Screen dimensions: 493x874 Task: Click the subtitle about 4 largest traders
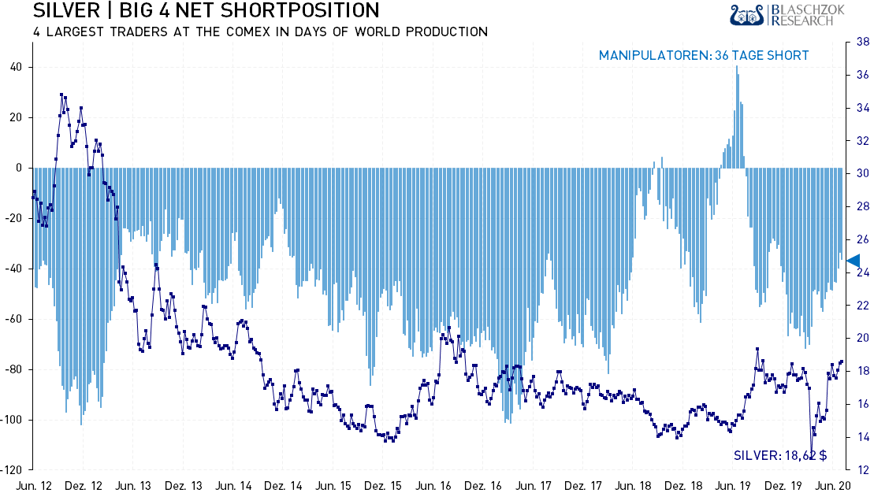pyautogui.click(x=260, y=32)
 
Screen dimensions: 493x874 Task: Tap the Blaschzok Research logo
pyautogui.click(x=783, y=14)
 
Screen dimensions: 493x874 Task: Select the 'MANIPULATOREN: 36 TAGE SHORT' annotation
pyautogui.click(x=704, y=55)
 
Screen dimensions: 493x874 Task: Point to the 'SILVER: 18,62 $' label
pyautogui.click(x=780, y=455)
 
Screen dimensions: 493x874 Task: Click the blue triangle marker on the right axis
pyautogui.click(x=853, y=261)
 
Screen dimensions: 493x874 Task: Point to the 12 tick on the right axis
pyautogui.click(x=862, y=470)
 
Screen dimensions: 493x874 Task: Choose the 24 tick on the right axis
pyautogui.click(x=862, y=272)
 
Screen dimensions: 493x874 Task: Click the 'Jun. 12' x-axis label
pyautogui.click(x=33, y=485)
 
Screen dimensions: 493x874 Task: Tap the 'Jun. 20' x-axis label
pyautogui.click(x=831, y=485)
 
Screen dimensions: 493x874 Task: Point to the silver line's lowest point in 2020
pyautogui.click(x=811, y=454)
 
